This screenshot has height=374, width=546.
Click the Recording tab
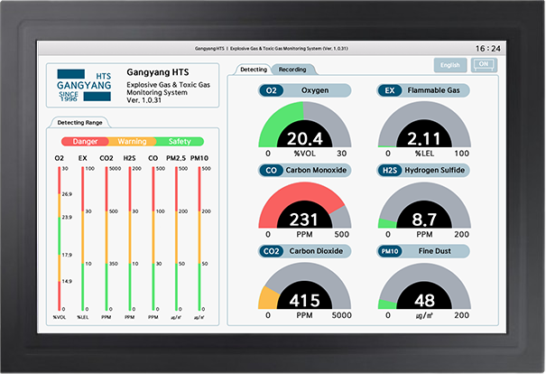pos(292,70)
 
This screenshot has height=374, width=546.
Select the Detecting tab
pos(253,70)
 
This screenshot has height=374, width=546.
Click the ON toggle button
pos(484,64)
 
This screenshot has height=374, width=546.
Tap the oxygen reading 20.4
pos(303,138)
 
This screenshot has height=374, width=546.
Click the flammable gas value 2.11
pos(423,138)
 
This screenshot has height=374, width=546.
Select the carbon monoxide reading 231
pos(303,219)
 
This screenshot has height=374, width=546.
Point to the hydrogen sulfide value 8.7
pos(423,219)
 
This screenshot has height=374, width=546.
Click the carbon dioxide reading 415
pos(303,300)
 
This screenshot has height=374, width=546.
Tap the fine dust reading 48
pos(423,300)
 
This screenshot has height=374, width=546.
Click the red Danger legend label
pos(85,141)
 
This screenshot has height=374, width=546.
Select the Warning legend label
pos(132,141)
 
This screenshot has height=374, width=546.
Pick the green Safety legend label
pos(180,141)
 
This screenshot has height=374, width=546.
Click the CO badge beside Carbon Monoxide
pos(270,170)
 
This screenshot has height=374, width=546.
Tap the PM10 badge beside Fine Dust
pos(390,250)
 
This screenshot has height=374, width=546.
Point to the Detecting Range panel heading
pos(79,122)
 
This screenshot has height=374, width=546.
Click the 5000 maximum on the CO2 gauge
pos(339,316)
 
